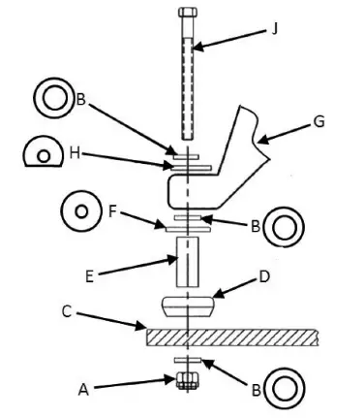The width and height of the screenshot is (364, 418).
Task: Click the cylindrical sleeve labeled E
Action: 187,263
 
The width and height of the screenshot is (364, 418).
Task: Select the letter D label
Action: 263,277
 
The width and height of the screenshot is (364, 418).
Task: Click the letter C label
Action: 67,311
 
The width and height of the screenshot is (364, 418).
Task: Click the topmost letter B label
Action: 82,99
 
